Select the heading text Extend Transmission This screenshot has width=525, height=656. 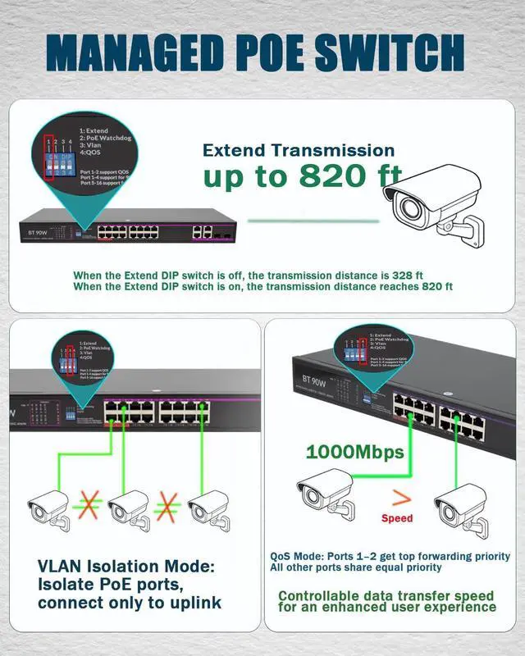click(x=299, y=150)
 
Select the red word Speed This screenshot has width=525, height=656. click(x=398, y=518)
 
